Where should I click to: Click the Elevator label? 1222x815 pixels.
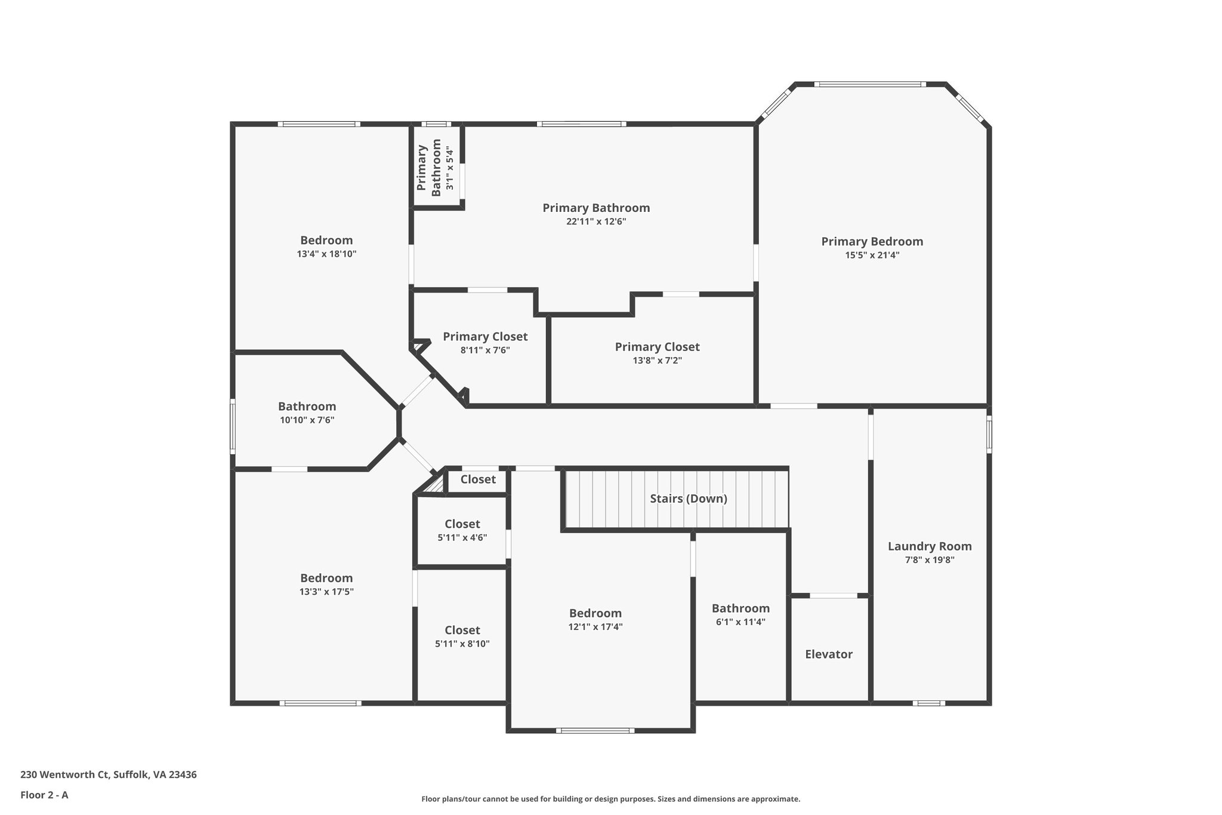click(828, 654)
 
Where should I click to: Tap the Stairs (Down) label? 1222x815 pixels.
click(688, 499)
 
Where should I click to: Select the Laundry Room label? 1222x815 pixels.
click(929, 546)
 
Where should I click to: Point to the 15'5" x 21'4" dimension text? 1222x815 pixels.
click(872, 255)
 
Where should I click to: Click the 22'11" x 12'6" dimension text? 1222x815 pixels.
click(596, 222)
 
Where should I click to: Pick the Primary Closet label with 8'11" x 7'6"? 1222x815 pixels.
click(485, 337)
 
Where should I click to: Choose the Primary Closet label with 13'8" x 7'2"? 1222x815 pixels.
click(657, 347)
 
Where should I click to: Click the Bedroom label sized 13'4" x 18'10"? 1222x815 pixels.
click(326, 240)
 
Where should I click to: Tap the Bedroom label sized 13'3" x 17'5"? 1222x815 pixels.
click(326, 578)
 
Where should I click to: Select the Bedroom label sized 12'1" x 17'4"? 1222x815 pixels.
click(595, 613)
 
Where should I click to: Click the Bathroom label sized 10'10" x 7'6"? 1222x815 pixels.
click(307, 407)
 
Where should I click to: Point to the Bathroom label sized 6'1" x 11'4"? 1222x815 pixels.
click(740, 608)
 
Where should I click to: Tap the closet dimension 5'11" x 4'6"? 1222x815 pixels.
click(462, 537)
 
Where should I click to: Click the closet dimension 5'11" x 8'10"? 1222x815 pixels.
click(462, 644)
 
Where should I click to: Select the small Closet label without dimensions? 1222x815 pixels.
click(478, 479)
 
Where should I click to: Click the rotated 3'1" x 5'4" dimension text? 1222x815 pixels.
click(450, 168)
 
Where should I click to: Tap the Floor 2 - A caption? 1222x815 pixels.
click(44, 795)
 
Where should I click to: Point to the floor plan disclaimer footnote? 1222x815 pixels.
click(610, 799)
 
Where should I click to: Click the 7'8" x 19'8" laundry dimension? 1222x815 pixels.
click(929, 560)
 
